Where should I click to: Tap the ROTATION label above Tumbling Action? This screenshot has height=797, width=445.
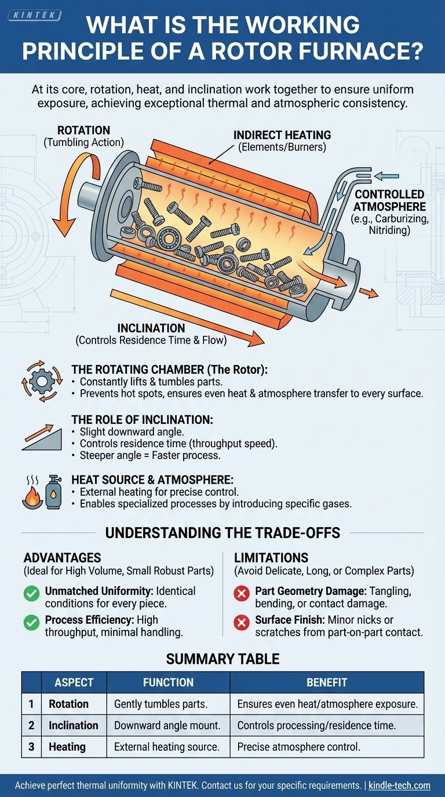click(x=83, y=130)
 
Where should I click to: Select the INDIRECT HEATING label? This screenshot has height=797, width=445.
click(x=282, y=135)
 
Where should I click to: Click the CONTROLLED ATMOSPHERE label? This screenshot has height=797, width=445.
click(x=389, y=200)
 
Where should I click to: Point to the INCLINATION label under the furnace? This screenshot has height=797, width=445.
click(x=151, y=328)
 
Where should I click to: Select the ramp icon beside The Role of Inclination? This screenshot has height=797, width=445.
click(x=41, y=438)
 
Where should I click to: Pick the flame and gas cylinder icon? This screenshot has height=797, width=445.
click(x=40, y=493)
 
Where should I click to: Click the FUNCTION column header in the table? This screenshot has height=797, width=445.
click(x=168, y=682)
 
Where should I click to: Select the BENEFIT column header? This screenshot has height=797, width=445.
click(x=327, y=682)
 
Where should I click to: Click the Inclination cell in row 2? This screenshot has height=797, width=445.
click(x=73, y=725)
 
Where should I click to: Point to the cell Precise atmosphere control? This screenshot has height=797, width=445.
click(x=299, y=747)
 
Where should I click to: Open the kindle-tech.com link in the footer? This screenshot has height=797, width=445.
click(x=399, y=785)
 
